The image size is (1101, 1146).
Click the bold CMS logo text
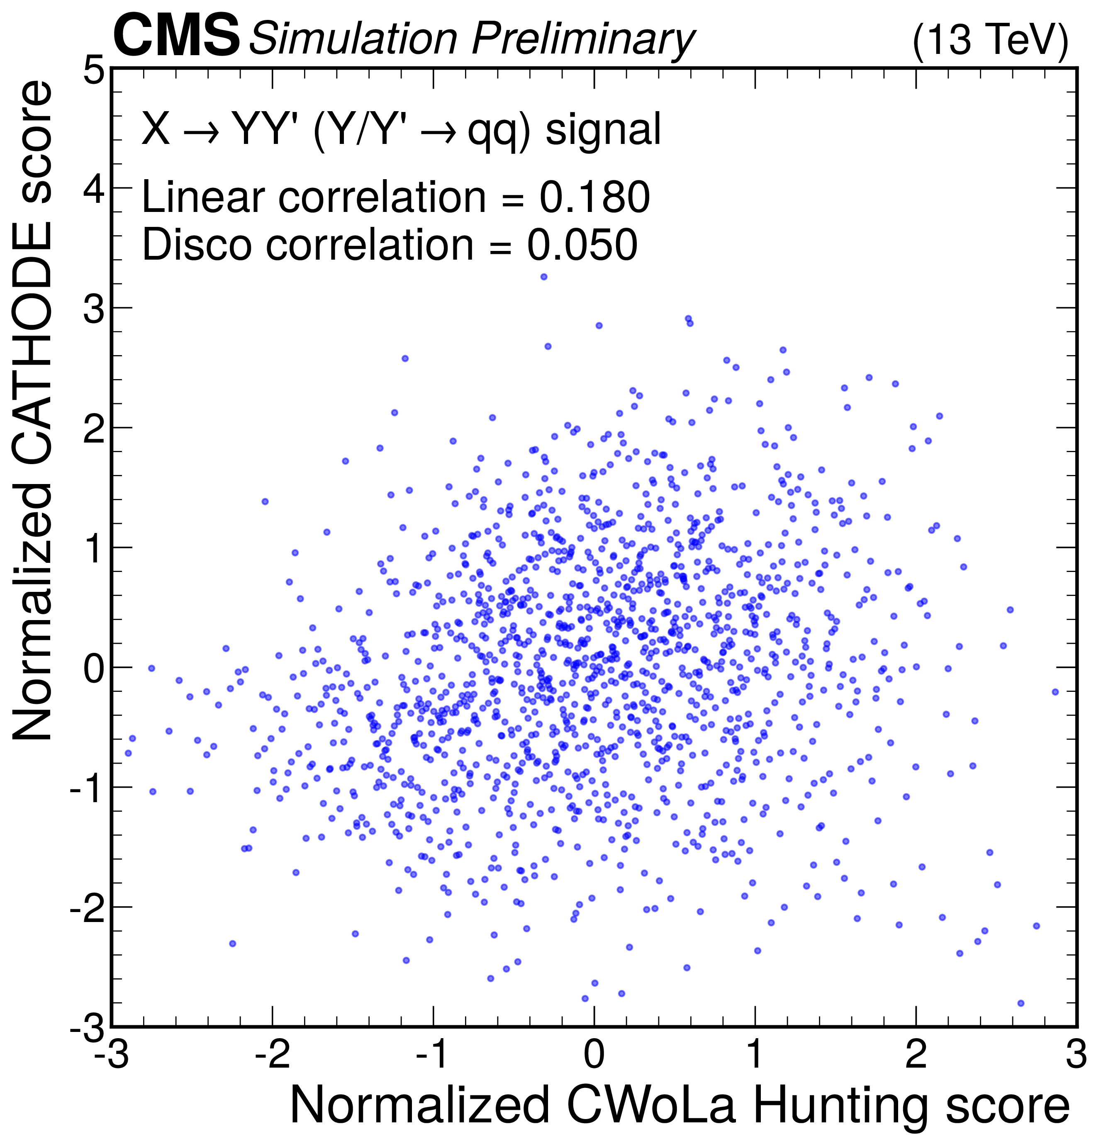(x=177, y=36)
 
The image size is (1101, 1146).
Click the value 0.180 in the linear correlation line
(x=594, y=197)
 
